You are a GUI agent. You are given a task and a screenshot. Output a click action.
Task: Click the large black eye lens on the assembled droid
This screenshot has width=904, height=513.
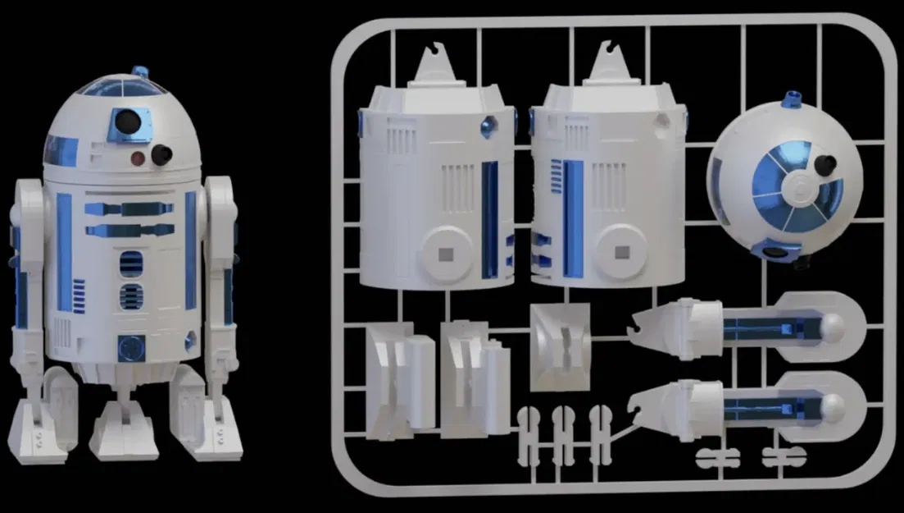click(x=125, y=123)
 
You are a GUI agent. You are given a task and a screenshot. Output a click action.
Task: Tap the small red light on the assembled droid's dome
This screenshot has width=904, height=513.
click(x=139, y=156)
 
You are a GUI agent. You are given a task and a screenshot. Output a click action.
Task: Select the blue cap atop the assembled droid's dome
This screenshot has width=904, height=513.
click(x=140, y=72)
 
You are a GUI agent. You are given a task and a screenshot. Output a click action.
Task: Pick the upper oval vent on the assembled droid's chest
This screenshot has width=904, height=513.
click(x=131, y=263)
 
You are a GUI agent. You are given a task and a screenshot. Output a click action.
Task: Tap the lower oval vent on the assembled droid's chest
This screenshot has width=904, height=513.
click(x=131, y=295)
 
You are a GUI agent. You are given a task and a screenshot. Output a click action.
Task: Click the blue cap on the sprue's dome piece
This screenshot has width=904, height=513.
click(x=793, y=99)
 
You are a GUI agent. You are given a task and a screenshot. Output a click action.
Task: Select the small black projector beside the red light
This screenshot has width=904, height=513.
click(x=162, y=153)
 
